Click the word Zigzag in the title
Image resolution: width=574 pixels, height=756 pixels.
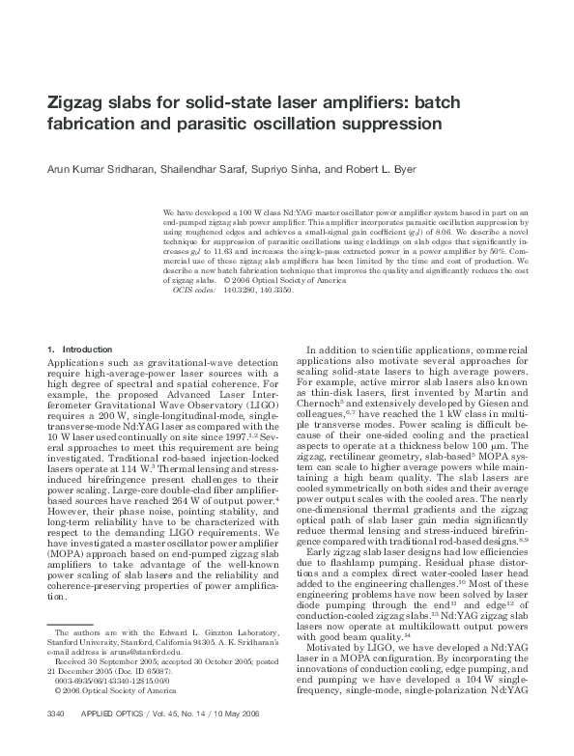pyautogui.click(x=80, y=102)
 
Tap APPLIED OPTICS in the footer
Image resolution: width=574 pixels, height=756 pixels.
pyautogui.click(x=114, y=740)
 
